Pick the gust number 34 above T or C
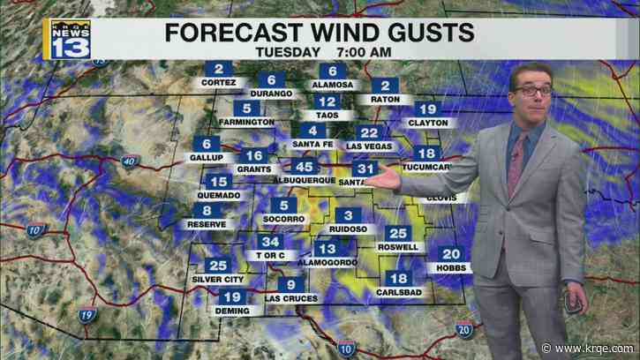click(x=271, y=242)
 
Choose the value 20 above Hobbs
click(x=451, y=253)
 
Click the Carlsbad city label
click(x=399, y=291)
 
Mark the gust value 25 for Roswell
click(x=398, y=234)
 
